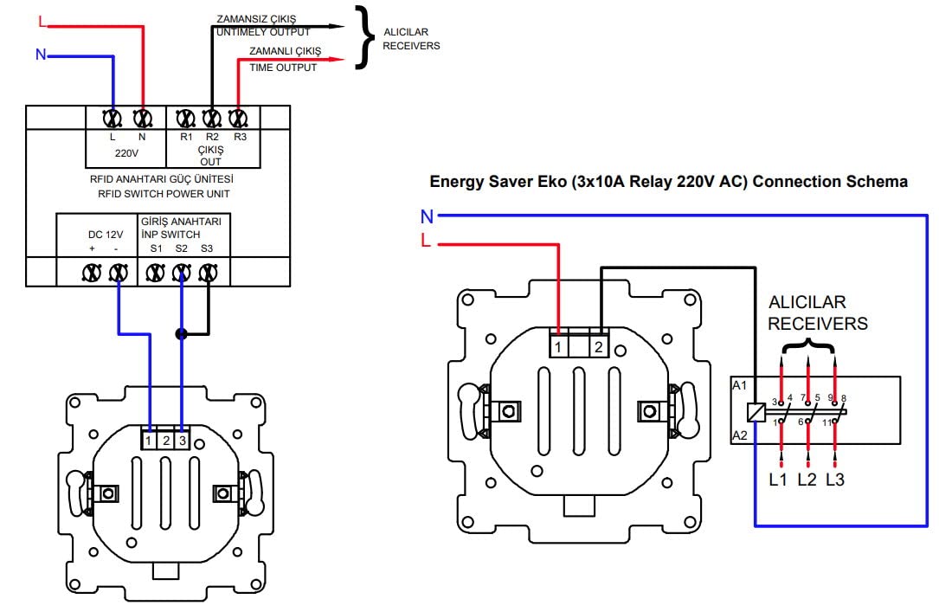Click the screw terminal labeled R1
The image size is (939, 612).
184,117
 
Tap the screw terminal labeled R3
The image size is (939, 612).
238,117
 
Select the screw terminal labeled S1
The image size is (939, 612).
156,274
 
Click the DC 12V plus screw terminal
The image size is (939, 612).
91,274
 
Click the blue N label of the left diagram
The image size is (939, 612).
40,55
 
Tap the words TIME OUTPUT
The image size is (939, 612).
283,68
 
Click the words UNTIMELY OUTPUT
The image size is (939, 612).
263,31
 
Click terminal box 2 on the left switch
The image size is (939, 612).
166,441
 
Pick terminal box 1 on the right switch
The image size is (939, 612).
559,346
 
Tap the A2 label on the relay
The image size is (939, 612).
739,435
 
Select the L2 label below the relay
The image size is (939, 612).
807,479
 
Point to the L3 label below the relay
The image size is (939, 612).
834,479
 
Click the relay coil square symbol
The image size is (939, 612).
756,412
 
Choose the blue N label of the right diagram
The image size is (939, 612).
427,216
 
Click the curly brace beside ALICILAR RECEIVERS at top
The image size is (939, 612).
367,39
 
